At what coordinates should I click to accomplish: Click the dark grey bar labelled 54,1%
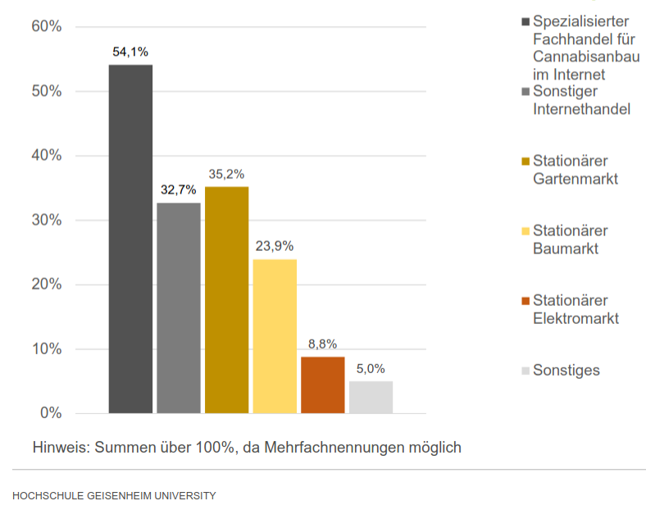[x=130, y=238]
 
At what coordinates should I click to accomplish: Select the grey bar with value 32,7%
[x=179, y=307]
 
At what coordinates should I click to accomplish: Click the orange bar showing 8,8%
[x=322, y=385]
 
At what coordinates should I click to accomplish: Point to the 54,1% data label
[x=130, y=52]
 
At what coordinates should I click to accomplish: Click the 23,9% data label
[x=274, y=246]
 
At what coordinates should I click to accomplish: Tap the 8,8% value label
[x=322, y=344]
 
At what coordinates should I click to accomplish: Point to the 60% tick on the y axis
[x=47, y=26]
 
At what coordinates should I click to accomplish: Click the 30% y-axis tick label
[x=47, y=220]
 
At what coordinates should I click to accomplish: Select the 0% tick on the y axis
[x=51, y=413]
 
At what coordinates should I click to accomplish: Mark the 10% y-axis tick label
[x=47, y=349]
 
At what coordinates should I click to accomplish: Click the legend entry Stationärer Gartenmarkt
[x=575, y=170]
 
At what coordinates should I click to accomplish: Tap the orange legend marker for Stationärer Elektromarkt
[x=525, y=301]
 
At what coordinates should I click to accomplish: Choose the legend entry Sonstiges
[x=566, y=370]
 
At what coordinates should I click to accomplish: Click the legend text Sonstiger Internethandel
[x=580, y=100]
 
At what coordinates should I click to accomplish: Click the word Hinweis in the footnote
[x=61, y=448]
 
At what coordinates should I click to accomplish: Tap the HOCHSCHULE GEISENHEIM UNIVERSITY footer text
[x=114, y=495]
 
